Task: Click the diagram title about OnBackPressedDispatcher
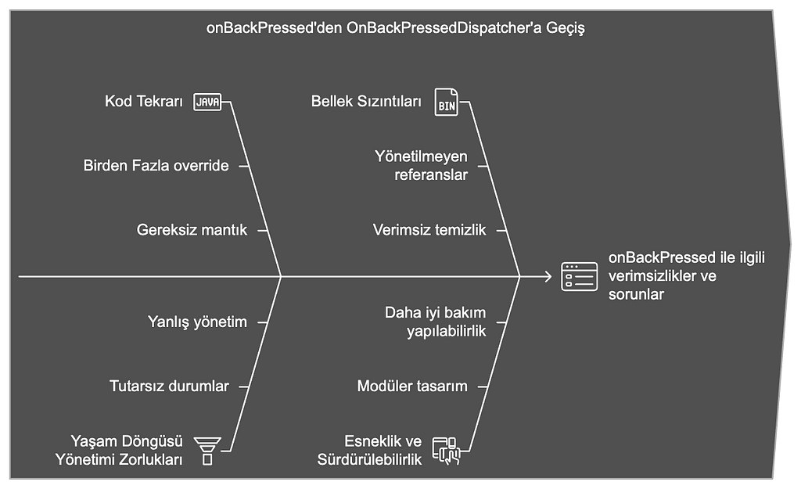click(x=395, y=27)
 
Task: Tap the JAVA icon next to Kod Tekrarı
click(x=207, y=102)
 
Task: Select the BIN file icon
click(x=446, y=102)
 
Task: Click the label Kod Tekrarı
click(x=144, y=101)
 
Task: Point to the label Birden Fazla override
click(x=156, y=166)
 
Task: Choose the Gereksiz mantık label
click(x=192, y=230)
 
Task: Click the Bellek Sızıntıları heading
click(x=366, y=101)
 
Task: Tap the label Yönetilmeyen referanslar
click(x=421, y=166)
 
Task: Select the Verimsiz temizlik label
click(x=429, y=230)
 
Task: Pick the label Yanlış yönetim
click(x=197, y=322)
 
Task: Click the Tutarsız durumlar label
click(x=169, y=386)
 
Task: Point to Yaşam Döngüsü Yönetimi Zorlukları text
click(x=119, y=450)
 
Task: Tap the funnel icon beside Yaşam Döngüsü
click(x=207, y=451)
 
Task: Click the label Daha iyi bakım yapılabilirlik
click(x=435, y=322)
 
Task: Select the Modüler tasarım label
click(x=412, y=386)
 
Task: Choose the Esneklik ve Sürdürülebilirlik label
click(x=370, y=450)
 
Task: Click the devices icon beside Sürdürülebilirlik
click(x=447, y=451)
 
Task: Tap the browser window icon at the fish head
click(x=580, y=276)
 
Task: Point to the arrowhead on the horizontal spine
click(x=548, y=276)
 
